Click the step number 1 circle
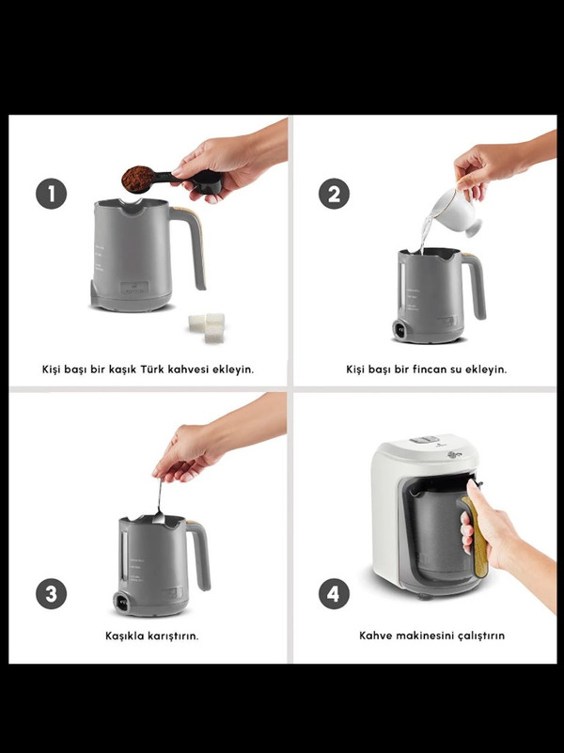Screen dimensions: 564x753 [x=51, y=194]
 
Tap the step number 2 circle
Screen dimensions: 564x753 [x=334, y=194]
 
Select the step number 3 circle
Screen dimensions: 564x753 [x=52, y=593]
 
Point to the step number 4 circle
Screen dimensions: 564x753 [x=334, y=593]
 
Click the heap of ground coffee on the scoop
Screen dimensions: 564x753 [x=138, y=179]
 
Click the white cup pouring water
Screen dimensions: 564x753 [x=456, y=212]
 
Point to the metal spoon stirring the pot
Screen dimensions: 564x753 [x=159, y=502]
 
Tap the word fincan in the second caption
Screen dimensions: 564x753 [x=429, y=369]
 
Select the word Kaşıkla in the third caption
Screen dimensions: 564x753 [x=124, y=635]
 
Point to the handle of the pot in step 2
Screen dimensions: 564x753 [x=476, y=286]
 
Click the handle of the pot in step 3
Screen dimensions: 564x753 [x=200, y=555]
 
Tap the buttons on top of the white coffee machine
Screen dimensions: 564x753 [x=424, y=439]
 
